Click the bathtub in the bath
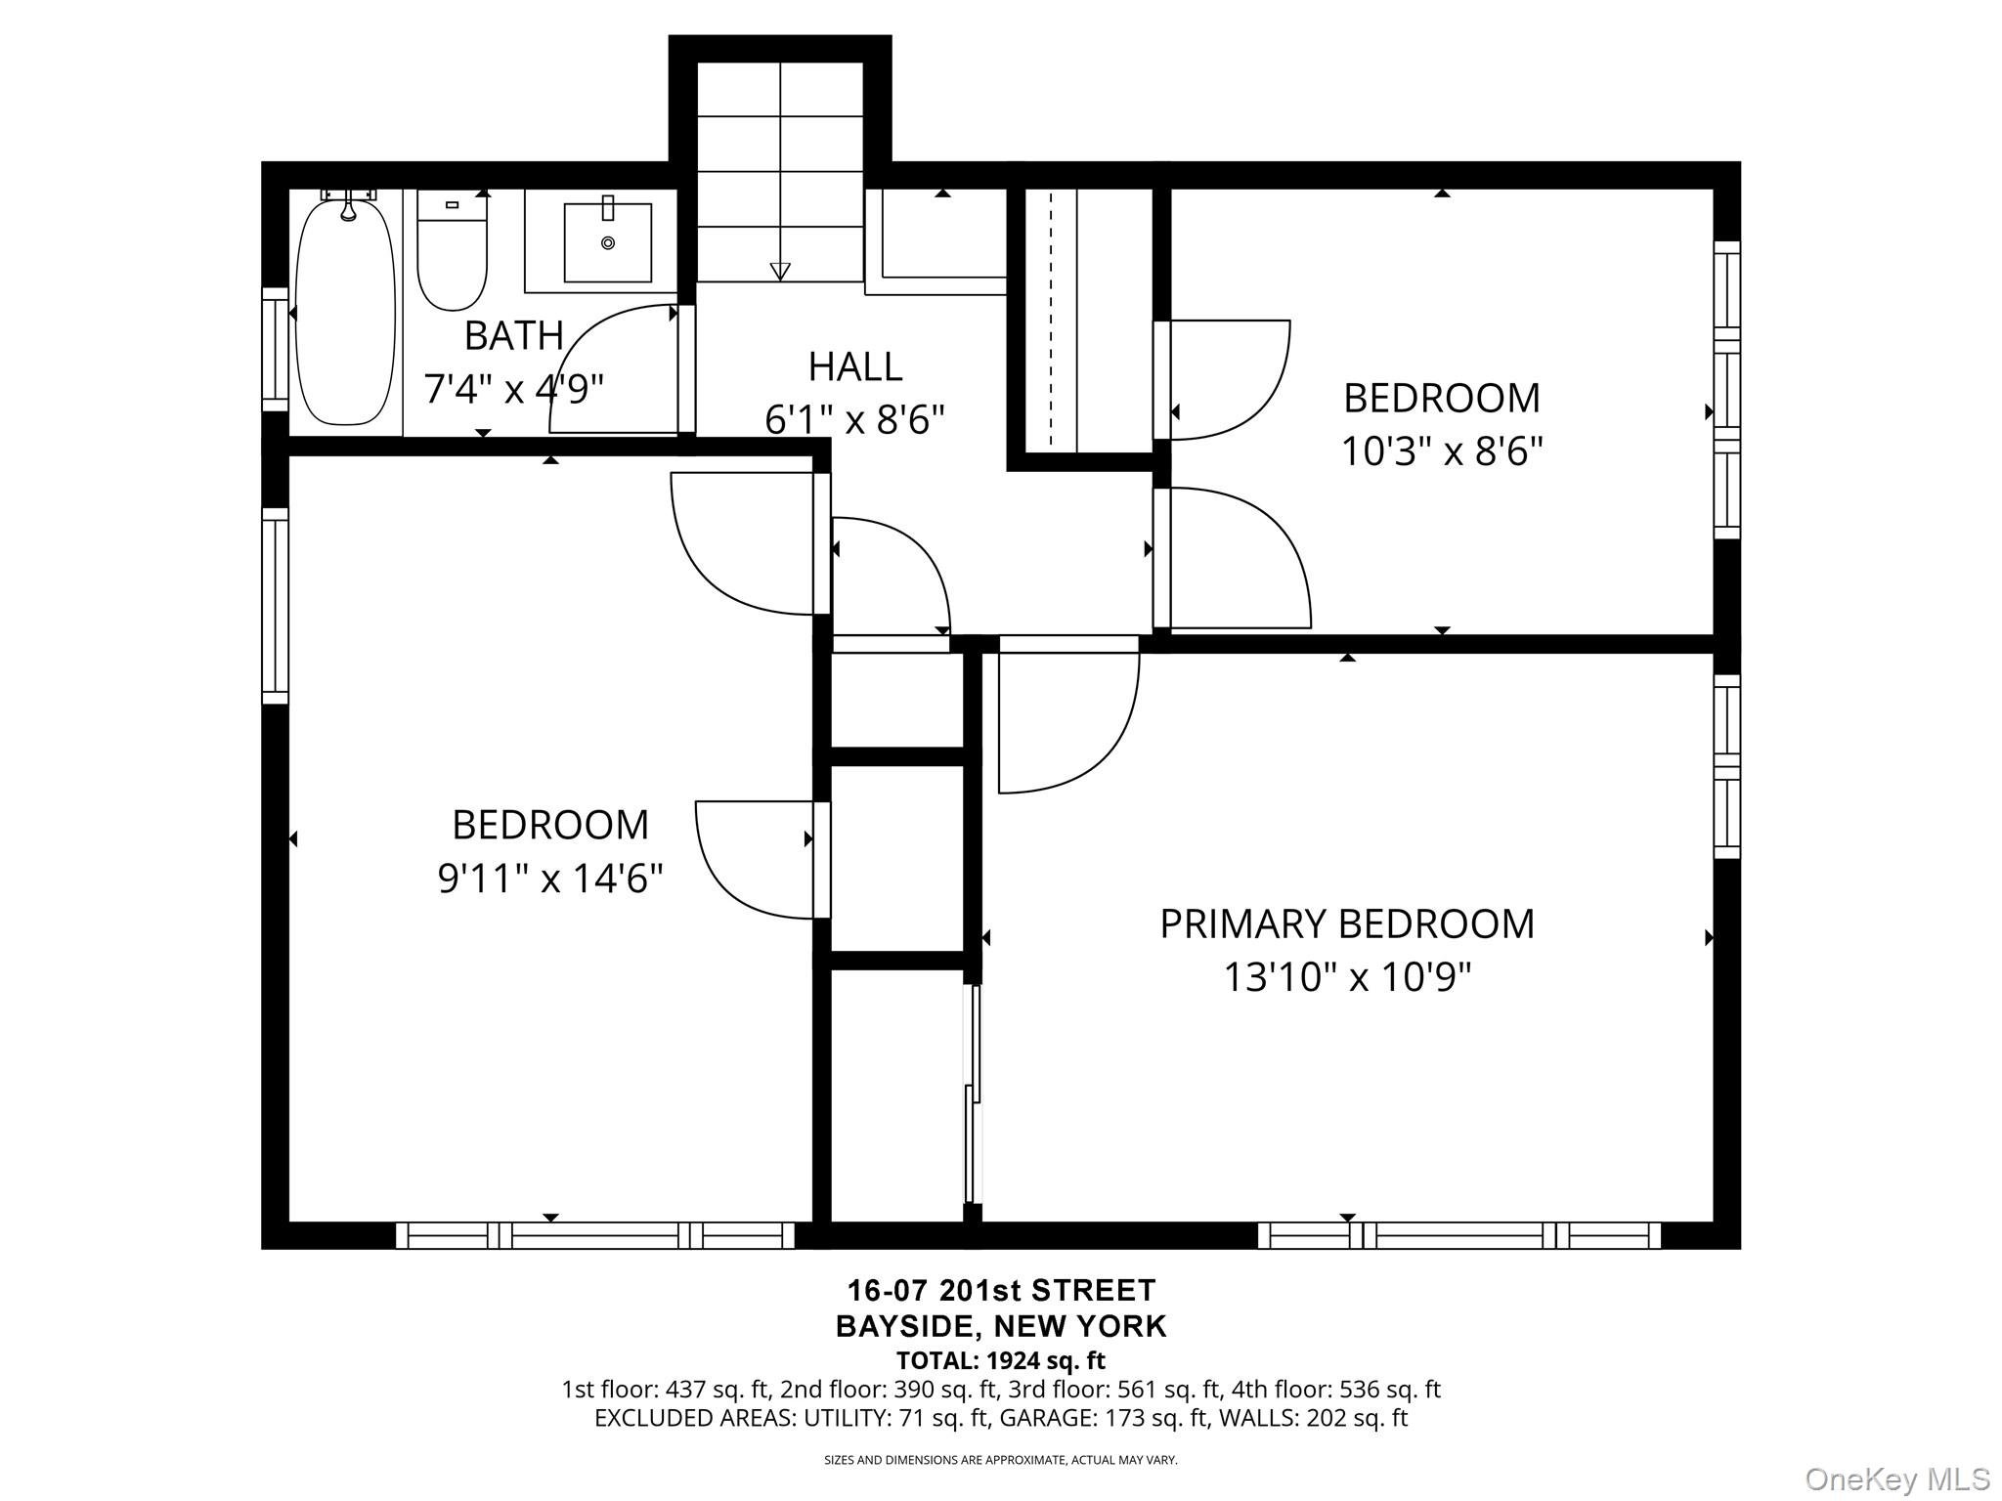346,311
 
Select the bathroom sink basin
608,242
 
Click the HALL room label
854,366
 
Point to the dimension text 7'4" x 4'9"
513,389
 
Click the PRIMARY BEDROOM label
1346,923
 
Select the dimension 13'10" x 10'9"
1346,976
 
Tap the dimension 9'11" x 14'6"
550,878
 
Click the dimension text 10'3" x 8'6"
1441,451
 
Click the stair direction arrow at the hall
780,271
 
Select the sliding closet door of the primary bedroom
972,1094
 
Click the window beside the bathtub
275,349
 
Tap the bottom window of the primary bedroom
1458,1235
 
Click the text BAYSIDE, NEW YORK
1001,1326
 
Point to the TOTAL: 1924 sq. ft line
1001,1360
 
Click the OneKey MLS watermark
1896,1479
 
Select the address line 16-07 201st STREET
1001,1290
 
